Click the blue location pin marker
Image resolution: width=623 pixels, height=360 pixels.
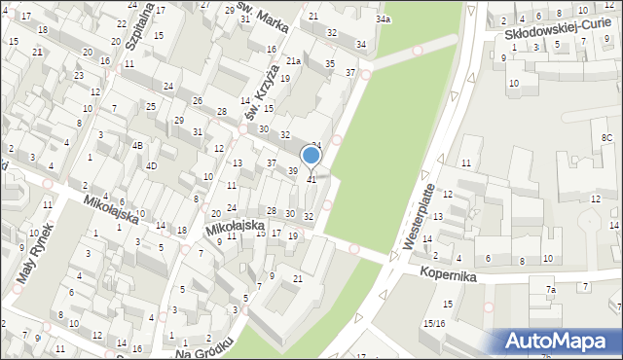point(311,157)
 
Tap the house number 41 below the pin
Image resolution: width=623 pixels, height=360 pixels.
point(311,180)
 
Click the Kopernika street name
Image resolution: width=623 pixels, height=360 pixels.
point(450,275)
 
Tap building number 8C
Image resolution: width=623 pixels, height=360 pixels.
point(605,138)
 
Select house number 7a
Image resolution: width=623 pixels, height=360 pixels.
point(550,290)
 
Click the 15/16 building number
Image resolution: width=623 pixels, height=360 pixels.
point(434,323)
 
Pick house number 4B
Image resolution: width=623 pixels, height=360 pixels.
point(137,146)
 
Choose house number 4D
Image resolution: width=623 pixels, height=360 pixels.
point(151,165)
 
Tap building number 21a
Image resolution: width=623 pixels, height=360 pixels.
point(293,61)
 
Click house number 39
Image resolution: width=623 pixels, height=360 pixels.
point(293,171)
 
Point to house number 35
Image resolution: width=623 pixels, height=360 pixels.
point(330,64)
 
